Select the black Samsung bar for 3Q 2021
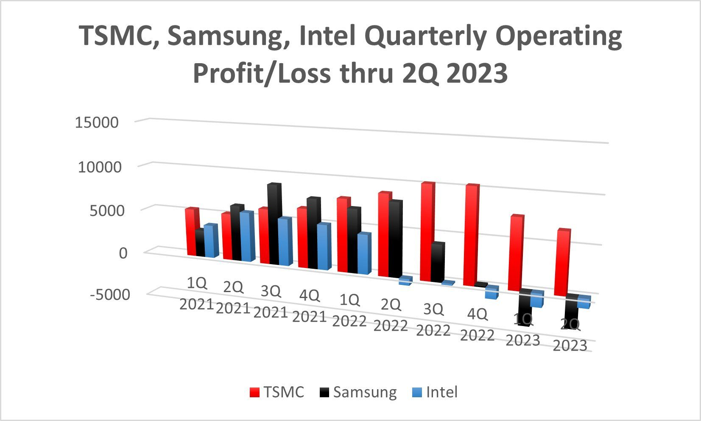tap(274, 225)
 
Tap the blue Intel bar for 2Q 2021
tap(247, 237)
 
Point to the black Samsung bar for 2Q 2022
tap(395, 240)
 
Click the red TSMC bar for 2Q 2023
tap(563, 263)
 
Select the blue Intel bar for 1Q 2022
tap(364, 254)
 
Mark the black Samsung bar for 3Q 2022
tap(437, 263)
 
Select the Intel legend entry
tap(435, 392)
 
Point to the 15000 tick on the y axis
tap(97, 123)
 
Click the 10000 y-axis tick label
tap(100, 167)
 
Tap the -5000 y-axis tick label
tap(110, 294)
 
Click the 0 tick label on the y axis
tap(123, 253)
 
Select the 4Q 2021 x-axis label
tap(310, 306)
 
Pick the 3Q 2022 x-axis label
tap(433, 320)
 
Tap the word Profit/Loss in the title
tap(261, 73)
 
